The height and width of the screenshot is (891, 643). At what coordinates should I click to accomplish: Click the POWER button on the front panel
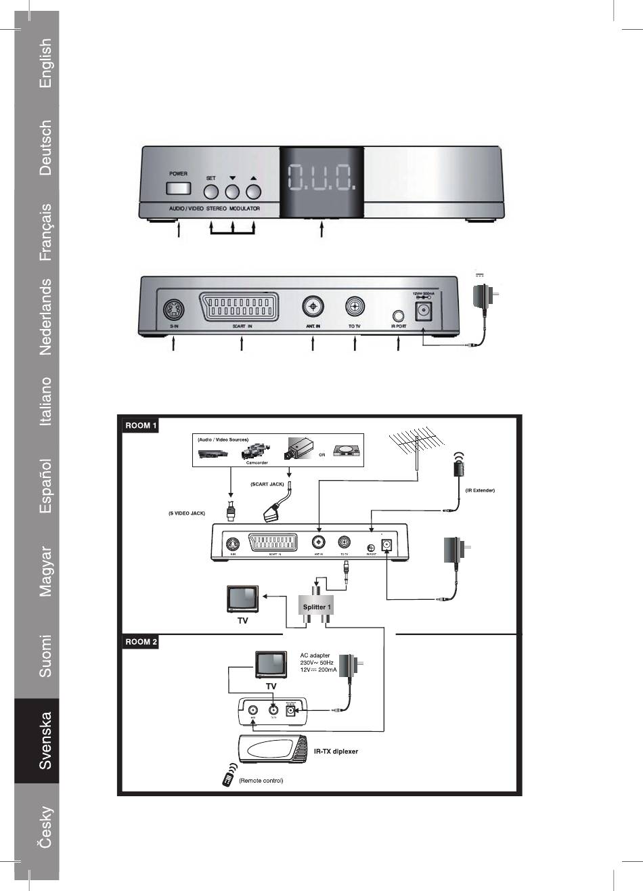[178, 189]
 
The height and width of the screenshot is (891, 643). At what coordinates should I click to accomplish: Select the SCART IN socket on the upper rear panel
[242, 308]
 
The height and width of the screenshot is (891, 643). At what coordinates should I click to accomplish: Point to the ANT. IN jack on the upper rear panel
[312, 307]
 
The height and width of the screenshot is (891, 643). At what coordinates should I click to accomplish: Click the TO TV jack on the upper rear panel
[355, 307]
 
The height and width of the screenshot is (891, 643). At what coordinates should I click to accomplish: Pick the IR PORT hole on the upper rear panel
[399, 315]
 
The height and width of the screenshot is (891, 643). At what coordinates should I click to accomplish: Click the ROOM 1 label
[141, 427]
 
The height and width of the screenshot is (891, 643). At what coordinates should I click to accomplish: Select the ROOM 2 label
[141, 642]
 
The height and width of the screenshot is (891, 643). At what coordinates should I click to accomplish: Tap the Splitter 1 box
[317, 607]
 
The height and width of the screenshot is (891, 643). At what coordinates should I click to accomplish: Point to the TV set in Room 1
[242, 601]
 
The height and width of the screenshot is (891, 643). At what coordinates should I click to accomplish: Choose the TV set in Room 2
[271, 665]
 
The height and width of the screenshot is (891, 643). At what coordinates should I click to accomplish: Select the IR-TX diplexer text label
[336, 752]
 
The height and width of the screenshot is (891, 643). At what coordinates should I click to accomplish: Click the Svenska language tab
[45, 741]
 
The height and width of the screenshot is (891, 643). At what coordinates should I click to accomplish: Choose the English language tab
[45, 63]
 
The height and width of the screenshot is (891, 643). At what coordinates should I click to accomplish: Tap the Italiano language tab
[45, 401]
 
